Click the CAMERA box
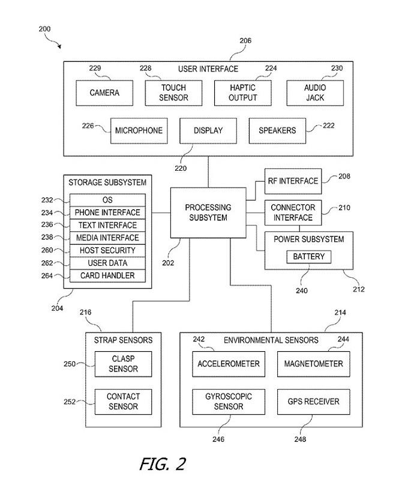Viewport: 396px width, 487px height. tap(104, 93)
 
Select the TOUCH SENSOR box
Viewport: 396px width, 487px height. tap(173, 93)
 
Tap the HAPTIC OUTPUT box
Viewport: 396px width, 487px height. tap(243, 93)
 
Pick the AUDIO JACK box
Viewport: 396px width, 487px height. tap(315, 93)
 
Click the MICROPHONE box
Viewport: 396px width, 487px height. tap(139, 130)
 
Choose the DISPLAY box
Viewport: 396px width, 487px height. tap(209, 130)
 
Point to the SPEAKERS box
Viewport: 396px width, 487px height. tap(277, 130)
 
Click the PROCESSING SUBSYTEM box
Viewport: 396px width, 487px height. tap(208, 212)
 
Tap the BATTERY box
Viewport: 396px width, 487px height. tap(309, 257)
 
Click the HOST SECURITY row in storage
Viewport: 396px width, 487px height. tap(107, 250)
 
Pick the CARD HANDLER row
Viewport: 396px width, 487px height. tap(107, 275)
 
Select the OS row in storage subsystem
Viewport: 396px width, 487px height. tap(107, 200)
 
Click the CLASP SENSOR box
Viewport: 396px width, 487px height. tap(123, 364)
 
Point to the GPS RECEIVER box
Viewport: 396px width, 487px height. tap(313, 401)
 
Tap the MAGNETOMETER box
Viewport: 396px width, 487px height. tap(313, 364)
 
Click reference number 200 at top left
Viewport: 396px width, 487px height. tap(44, 29)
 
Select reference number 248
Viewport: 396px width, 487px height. tap(300, 439)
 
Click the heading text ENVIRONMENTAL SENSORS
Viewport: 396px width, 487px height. tap(271, 340)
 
